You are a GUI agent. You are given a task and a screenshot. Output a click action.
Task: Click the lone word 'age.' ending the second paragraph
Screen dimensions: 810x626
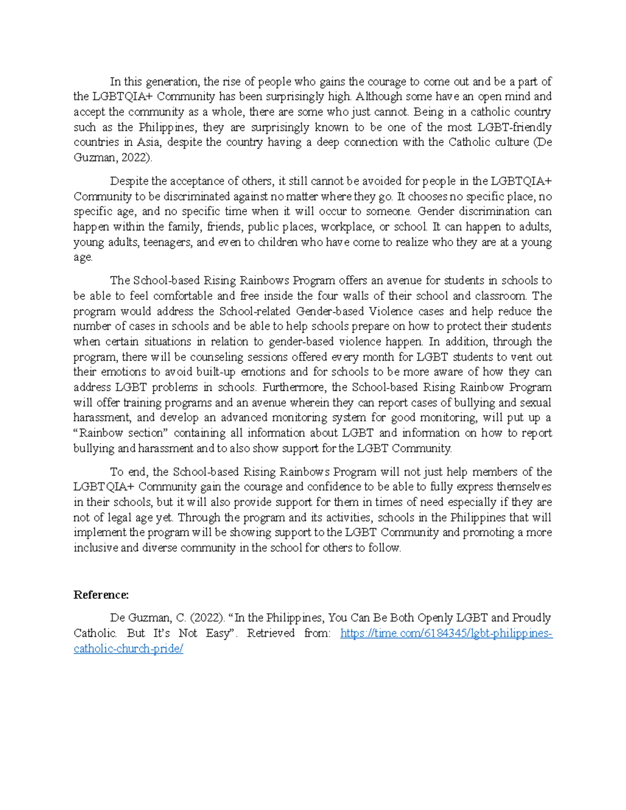tap(83, 257)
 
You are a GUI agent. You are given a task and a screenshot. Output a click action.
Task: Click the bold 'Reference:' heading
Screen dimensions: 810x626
tap(101, 595)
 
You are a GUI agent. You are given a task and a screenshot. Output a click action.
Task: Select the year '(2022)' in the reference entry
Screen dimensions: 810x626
tap(208, 618)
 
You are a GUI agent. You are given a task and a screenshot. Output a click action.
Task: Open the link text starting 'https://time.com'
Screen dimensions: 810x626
tap(446, 634)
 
